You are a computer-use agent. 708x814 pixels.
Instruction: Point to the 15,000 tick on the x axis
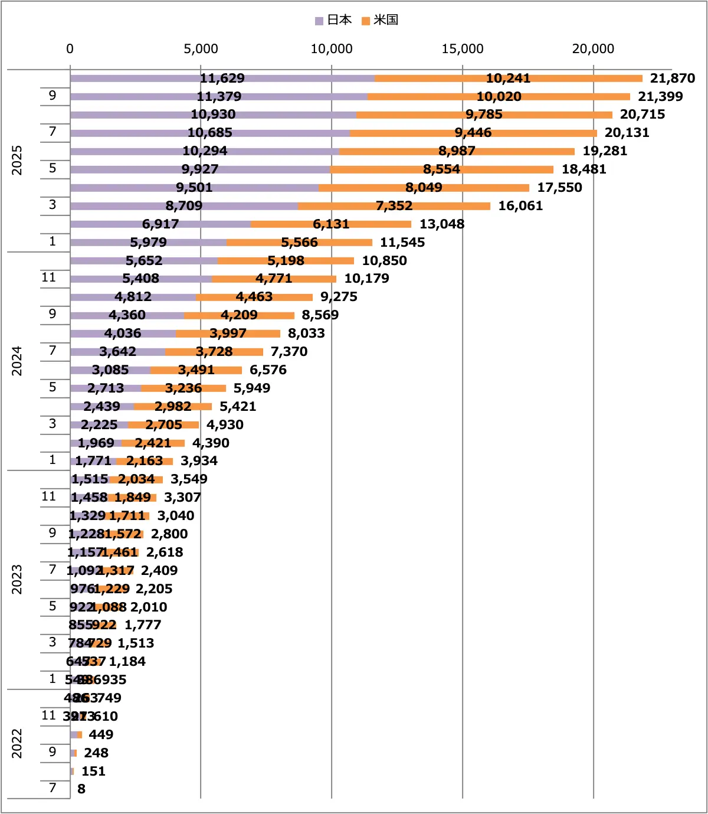point(462,49)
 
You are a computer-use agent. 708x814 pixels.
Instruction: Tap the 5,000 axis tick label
point(201,49)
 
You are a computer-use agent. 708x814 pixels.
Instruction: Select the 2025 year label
point(17,160)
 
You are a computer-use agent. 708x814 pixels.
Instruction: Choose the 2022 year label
point(17,743)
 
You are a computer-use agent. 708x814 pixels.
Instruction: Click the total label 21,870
point(672,79)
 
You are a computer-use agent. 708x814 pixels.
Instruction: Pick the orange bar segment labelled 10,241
point(508,79)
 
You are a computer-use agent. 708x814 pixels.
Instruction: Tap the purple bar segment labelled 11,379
point(219,97)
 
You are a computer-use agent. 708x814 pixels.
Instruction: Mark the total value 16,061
point(520,206)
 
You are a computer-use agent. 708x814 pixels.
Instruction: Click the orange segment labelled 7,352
point(394,206)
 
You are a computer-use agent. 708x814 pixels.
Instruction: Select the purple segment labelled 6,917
point(160,224)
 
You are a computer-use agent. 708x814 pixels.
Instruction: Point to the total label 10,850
point(384,261)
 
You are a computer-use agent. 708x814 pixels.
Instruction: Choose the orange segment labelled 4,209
point(239,315)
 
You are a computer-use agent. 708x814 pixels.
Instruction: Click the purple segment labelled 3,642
point(117,352)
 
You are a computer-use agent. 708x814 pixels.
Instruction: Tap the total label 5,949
point(252,388)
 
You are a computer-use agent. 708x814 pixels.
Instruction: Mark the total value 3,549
point(189,479)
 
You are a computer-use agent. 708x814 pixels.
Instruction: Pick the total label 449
point(101,735)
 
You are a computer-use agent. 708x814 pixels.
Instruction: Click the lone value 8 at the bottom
point(81,789)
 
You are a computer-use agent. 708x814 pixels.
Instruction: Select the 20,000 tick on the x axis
point(593,49)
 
